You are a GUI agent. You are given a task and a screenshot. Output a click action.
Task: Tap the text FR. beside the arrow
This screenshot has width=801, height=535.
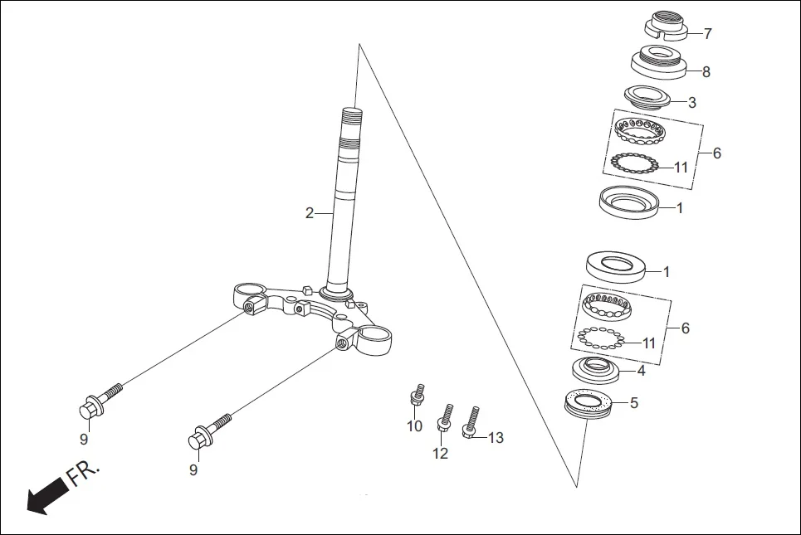[84, 475]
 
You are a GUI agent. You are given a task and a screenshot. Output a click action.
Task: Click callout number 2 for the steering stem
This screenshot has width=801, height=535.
[310, 213]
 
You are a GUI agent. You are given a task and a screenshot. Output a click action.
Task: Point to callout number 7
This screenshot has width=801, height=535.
[707, 34]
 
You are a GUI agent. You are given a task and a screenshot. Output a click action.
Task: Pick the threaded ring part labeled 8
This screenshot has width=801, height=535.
[657, 63]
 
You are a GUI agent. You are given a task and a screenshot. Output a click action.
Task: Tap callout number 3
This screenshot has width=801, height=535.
[692, 103]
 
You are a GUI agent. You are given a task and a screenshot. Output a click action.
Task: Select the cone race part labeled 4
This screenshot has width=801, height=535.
[596, 369]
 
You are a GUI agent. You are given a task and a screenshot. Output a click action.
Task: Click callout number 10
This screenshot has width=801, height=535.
[414, 426]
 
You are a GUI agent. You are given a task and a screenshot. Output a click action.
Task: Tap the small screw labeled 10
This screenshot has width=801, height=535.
[418, 396]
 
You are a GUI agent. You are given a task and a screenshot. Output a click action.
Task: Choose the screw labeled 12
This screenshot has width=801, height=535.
[444, 418]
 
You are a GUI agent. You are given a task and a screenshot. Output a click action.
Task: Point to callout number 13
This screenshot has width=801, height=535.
[496, 438]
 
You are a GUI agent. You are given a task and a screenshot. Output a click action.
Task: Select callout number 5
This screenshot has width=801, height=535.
[634, 404]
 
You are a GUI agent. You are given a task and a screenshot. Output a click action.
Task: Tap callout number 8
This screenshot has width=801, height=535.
[706, 72]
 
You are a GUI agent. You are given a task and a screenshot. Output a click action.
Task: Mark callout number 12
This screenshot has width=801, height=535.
[440, 453]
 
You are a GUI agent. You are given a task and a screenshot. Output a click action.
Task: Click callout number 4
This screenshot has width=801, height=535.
[641, 371]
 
